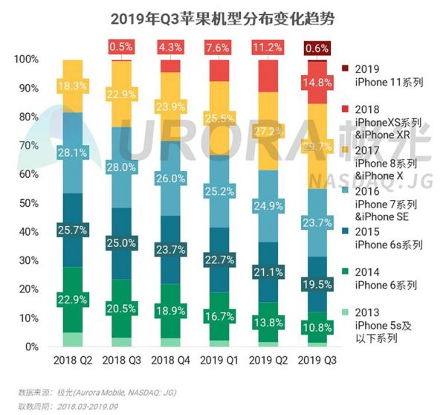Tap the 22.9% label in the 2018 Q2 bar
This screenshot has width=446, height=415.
pos(72,299)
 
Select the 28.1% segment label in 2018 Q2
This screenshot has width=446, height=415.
pos(72,153)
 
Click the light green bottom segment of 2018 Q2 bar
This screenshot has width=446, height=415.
pos(72,339)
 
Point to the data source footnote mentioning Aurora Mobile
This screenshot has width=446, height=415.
pos(97,391)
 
